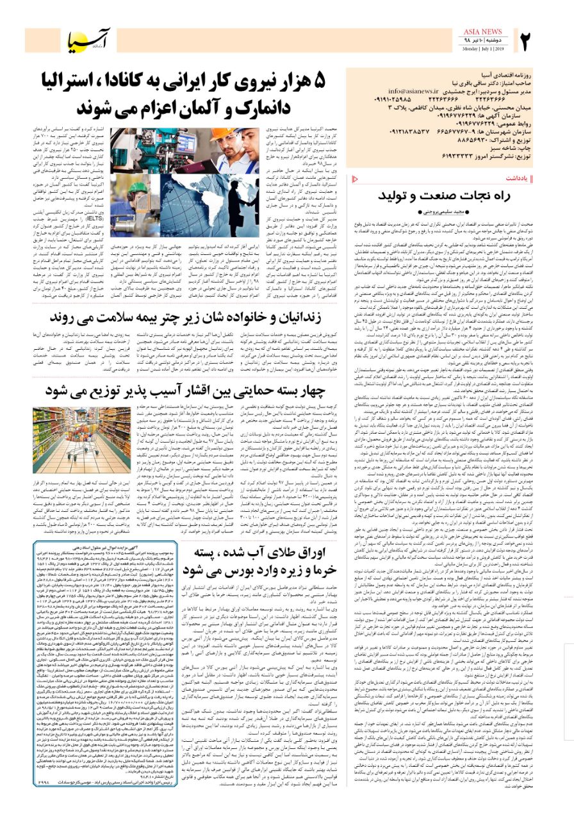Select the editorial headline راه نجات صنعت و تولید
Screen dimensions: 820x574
458,195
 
